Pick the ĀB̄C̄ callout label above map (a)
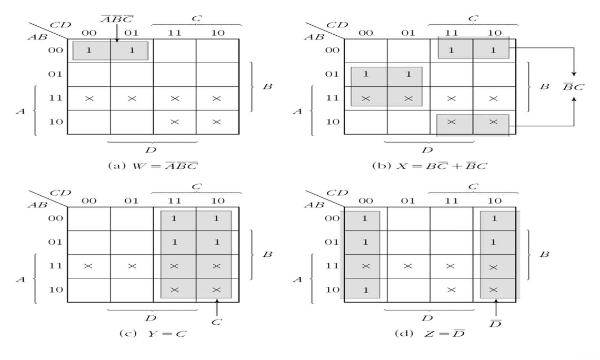click(x=117, y=19)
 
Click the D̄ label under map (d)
click(x=495, y=322)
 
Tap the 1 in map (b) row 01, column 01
click(x=407, y=74)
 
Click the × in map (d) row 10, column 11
click(x=451, y=290)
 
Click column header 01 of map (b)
click(x=407, y=32)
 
